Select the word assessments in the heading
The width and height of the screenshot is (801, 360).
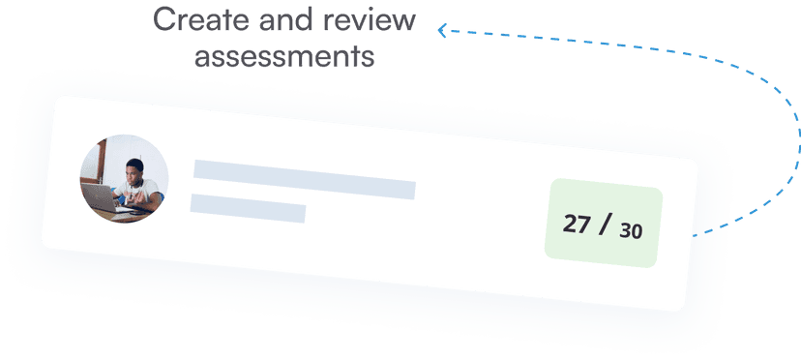click(x=284, y=56)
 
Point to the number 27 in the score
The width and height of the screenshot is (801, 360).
click(x=577, y=224)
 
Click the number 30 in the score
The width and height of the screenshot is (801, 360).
click(x=631, y=231)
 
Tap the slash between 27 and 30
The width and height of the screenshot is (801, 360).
click(x=606, y=225)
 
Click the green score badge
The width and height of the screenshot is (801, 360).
click(x=603, y=225)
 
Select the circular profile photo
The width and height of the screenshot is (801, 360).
click(x=124, y=179)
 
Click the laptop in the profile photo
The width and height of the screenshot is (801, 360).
click(x=101, y=197)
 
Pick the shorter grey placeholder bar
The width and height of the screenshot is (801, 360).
click(x=248, y=207)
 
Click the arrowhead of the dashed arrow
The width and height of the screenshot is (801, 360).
click(x=441, y=31)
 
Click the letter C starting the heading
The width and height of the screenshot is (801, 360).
click(x=165, y=19)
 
